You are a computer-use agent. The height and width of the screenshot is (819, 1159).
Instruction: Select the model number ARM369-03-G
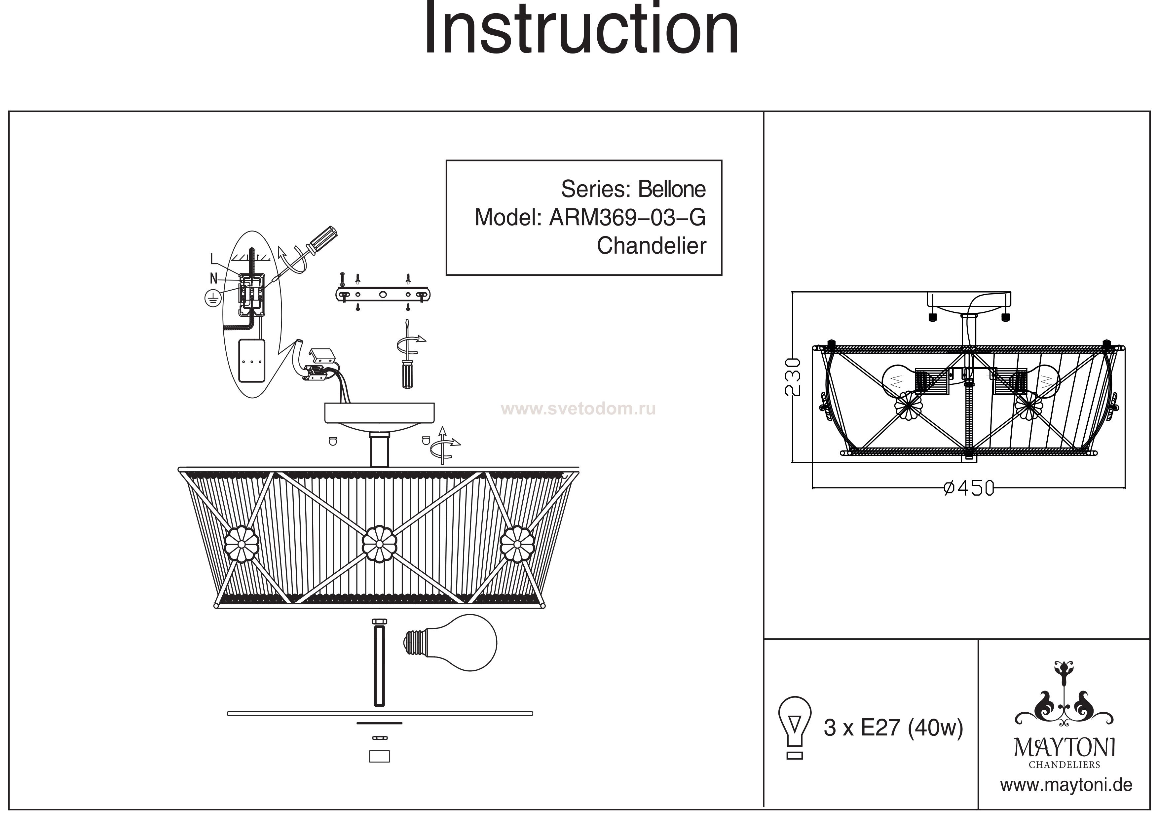click(627, 218)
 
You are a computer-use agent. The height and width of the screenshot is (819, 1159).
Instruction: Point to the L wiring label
click(213, 259)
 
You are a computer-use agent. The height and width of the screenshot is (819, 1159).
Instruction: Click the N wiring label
click(213, 278)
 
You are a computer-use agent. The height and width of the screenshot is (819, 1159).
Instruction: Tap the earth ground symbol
click(212, 299)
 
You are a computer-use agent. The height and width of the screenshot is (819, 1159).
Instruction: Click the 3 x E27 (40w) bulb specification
click(893, 727)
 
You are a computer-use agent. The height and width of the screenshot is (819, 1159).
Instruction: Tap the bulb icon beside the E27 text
click(795, 727)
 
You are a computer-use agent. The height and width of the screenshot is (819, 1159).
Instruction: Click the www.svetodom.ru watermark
click(578, 409)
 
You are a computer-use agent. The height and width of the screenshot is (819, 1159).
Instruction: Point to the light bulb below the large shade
click(450, 642)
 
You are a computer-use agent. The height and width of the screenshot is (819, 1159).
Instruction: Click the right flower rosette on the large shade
click(517, 544)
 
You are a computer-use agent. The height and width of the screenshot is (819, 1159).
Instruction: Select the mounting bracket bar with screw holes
click(383, 294)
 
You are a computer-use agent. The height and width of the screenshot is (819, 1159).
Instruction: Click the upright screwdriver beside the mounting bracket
click(407, 363)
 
